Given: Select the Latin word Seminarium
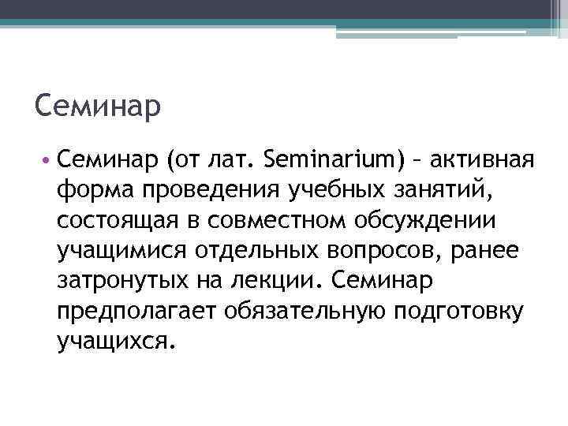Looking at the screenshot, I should point(335,161).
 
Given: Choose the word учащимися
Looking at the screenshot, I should point(118,250).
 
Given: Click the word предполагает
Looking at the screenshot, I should point(137,310).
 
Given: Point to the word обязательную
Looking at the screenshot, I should point(303,310).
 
